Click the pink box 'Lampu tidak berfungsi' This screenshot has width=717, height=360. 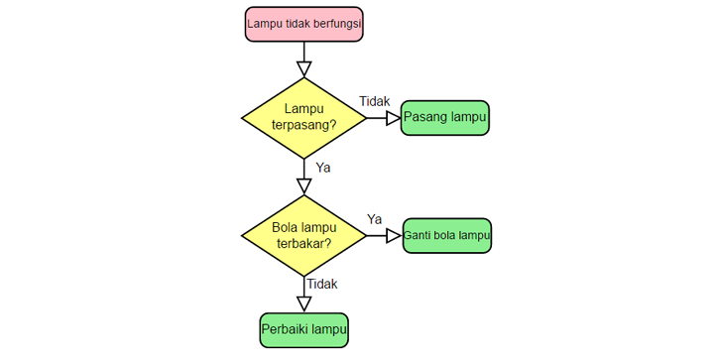pyautogui.click(x=303, y=24)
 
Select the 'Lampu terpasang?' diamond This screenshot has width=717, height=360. pyautogui.click(x=303, y=117)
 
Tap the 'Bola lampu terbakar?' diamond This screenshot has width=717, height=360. pyautogui.click(x=303, y=235)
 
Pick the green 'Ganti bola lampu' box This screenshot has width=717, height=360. pyautogui.click(x=446, y=236)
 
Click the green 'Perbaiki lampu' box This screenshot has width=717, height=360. pyautogui.click(x=304, y=329)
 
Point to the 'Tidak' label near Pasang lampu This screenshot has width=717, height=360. pyautogui.click(x=374, y=101)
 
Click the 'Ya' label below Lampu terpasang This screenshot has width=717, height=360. pyautogui.click(x=322, y=167)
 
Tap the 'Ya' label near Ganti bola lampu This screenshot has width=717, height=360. pyautogui.click(x=375, y=218)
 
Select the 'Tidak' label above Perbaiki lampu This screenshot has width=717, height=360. pyautogui.click(x=322, y=284)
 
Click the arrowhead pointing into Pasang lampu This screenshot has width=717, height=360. pyautogui.click(x=392, y=118)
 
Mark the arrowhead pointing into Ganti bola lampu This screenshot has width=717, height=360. pyautogui.click(x=392, y=236)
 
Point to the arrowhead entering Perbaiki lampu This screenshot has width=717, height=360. pyautogui.click(x=304, y=304)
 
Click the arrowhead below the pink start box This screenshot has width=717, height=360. pyautogui.click(x=304, y=68)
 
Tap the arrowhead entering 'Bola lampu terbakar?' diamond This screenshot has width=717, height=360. pyautogui.click(x=304, y=186)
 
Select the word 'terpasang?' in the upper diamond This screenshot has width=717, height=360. pyautogui.click(x=303, y=126)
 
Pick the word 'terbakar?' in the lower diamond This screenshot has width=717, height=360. pyautogui.click(x=303, y=243)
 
